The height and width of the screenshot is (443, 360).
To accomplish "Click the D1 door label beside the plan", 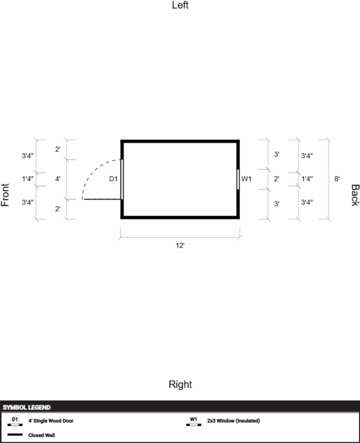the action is coord(113,179).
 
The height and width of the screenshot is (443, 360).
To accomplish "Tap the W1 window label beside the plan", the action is coord(247,179).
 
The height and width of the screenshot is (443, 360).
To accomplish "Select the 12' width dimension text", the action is coord(180,245).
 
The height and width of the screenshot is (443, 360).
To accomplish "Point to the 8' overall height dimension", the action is coord(337,179).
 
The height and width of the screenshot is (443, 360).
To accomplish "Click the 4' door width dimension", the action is coord(58,179).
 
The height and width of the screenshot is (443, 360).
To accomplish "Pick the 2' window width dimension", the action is coord(277,179).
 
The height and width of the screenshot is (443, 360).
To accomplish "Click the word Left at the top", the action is coord(180,5).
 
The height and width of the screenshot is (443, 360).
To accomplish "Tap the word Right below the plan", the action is coord(180,384).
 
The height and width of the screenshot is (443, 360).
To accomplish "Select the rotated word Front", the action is coord(5,195).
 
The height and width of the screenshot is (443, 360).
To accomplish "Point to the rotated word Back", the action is coord(355,195).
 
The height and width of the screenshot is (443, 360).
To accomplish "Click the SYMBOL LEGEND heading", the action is coord(26,408).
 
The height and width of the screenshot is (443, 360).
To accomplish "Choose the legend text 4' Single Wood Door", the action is coord(51,421).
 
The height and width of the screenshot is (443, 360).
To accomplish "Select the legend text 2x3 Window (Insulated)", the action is coord(233,421).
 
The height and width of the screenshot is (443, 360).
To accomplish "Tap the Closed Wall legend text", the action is coord(41,435).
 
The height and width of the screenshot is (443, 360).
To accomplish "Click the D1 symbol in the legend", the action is coord(15,421).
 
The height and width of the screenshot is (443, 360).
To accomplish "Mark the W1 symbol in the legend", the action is coord(194,421).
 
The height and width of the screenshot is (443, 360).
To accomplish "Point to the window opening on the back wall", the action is coord(238,179).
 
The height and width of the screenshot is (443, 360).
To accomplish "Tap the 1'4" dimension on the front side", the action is coord(28,179).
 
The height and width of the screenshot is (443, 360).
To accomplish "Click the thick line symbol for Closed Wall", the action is coord(15,435).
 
